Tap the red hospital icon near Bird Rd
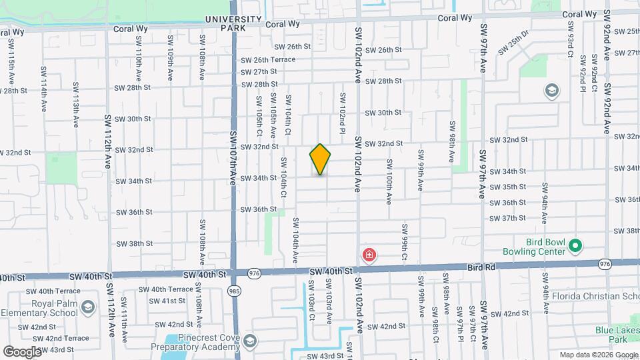tap(369, 255)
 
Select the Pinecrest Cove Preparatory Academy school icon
tap(249, 341)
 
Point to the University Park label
tap(225, 23)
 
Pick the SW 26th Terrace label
tap(269, 59)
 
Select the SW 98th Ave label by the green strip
tap(453, 142)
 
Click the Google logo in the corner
tap(22, 351)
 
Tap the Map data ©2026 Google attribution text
tap(599, 355)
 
